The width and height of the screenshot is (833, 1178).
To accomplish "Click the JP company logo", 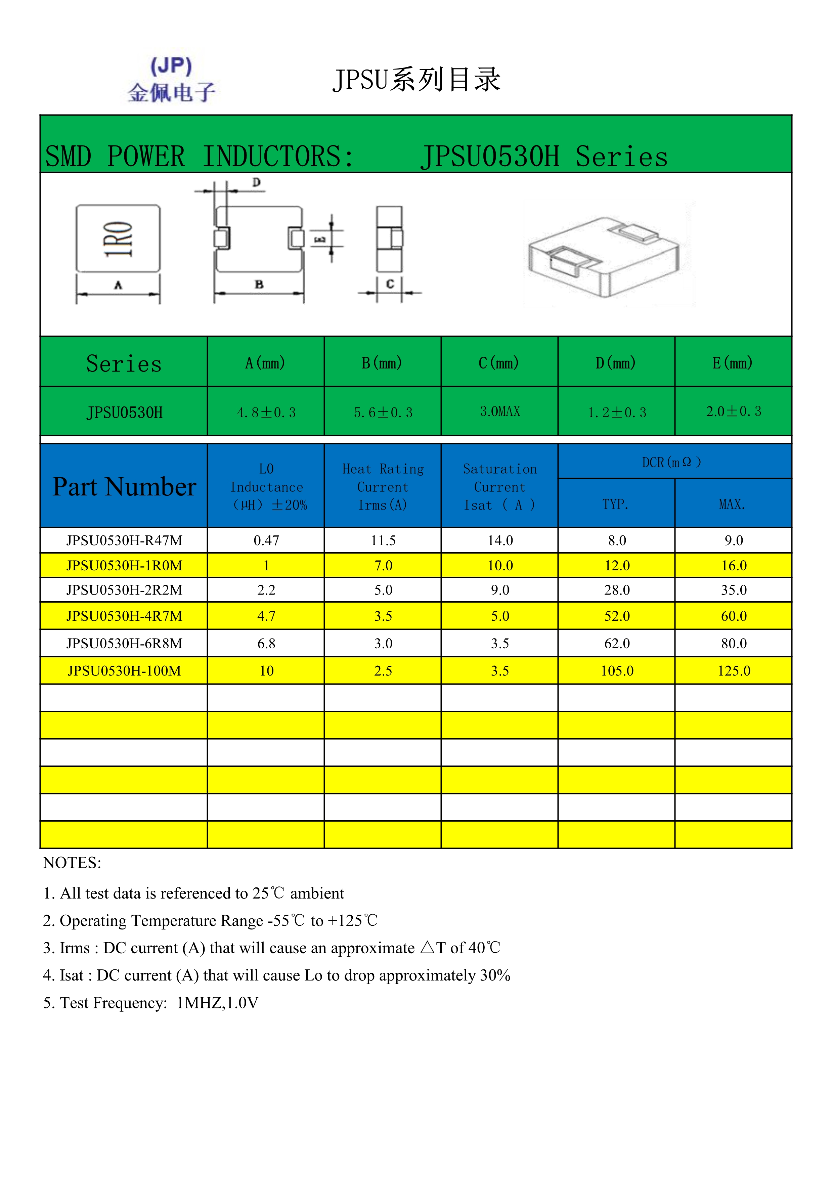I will click(x=171, y=80).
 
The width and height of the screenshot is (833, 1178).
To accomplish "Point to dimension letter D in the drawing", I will click(x=257, y=182).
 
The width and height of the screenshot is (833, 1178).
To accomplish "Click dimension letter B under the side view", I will click(x=259, y=284).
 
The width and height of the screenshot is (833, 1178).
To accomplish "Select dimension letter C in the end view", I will click(x=390, y=284).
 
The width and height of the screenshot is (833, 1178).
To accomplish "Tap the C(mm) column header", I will click(x=499, y=363).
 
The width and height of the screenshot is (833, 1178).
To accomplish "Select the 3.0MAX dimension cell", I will click(x=499, y=411).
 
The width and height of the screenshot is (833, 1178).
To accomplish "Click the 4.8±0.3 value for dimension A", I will click(x=266, y=412).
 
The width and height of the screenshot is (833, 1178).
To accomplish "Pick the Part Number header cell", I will click(x=124, y=486).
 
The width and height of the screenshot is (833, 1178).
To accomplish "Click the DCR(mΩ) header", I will click(x=671, y=462).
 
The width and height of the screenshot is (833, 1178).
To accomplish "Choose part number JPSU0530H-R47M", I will click(x=124, y=540).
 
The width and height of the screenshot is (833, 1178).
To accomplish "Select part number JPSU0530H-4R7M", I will click(x=124, y=616).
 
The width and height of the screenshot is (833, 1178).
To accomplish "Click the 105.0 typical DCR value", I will click(x=617, y=670).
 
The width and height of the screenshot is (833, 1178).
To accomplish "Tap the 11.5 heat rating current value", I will click(x=383, y=540).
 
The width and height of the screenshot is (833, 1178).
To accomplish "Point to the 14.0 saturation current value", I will click(x=500, y=540).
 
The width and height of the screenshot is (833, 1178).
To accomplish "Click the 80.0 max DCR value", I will click(x=734, y=643).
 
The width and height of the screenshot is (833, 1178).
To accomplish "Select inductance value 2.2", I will click(x=266, y=590).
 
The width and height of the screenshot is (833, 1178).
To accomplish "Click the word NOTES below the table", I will click(x=72, y=863).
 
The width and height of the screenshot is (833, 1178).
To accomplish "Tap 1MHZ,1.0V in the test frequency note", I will click(x=217, y=1003).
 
